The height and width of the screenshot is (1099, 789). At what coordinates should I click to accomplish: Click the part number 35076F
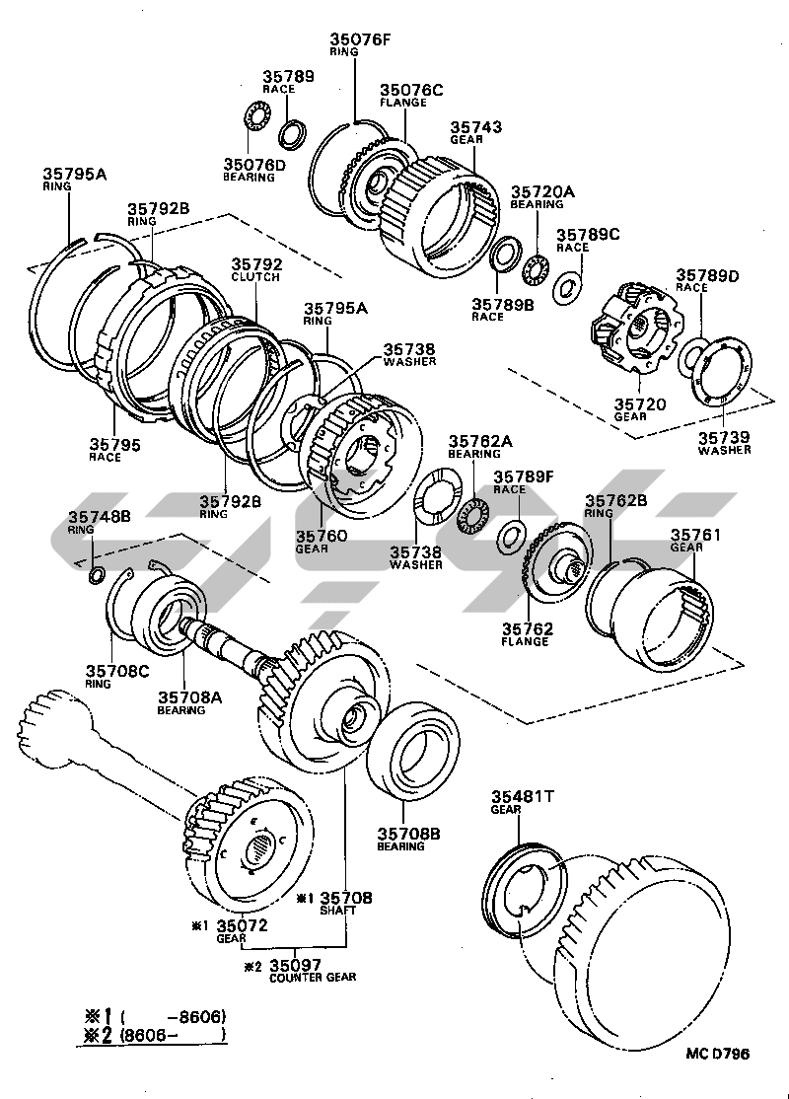(359, 40)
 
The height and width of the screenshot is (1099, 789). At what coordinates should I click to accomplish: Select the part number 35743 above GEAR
(476, 127)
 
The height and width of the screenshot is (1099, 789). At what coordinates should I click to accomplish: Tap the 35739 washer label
(724, 435)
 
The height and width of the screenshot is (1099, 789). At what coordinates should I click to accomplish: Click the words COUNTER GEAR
(313, 977)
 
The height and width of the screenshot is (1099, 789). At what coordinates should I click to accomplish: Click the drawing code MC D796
(718, 1054)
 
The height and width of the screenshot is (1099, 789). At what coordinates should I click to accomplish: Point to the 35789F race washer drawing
(510, 538)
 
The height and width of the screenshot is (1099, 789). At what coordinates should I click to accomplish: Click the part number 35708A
(189, 696)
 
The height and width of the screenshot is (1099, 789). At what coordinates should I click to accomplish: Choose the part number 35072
(242, 925)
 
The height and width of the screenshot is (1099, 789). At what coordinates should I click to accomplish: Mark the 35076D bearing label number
(253, 165)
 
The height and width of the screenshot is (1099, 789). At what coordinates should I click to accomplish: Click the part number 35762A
(474, 440)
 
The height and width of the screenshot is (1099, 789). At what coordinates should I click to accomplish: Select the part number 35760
(322, 535)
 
